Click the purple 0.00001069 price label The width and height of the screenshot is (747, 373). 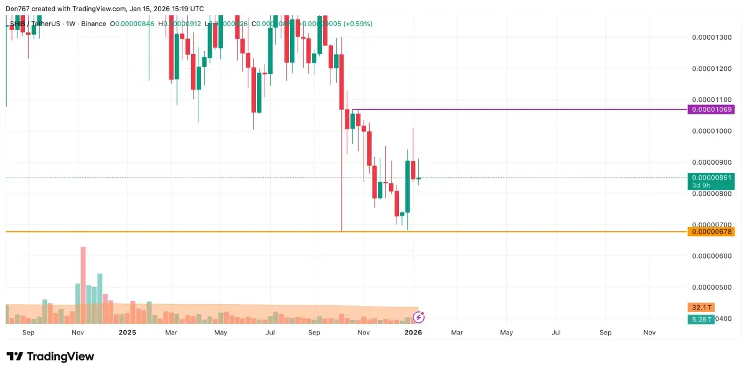coord(711,109)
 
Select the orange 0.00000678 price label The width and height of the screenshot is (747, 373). coord(711,232)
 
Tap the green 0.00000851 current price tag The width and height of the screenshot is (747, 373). coord(711,177)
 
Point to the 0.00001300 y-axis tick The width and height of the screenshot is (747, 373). coord(712,37)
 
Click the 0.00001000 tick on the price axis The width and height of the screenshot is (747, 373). coord(712,131)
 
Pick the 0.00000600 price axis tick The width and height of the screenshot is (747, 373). coord(712,256)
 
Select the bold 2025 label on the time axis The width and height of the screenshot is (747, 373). coord(127,333)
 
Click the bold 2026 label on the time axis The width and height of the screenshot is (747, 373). coord(413,333)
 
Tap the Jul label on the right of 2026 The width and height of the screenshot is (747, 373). coord(556,333)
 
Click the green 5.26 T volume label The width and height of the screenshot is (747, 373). coord(701,320)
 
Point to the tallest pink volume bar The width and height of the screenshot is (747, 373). coord(83,285)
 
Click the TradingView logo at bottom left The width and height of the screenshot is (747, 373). coord(50,356)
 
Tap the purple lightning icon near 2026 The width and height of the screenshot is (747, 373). coord(419,317)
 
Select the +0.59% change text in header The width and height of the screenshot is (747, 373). coord(355,24)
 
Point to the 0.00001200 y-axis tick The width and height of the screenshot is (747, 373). coord(712,68)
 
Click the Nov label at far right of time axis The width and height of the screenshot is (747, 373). coord(649,333)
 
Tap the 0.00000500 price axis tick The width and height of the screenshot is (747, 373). coord(712,287)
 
